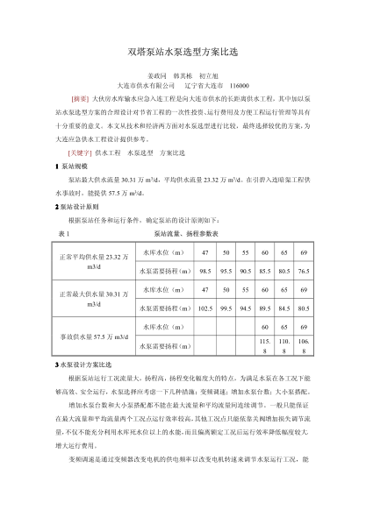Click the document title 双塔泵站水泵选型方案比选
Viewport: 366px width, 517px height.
point(183,53)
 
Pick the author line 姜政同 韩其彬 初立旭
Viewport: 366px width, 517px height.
point(183,75)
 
